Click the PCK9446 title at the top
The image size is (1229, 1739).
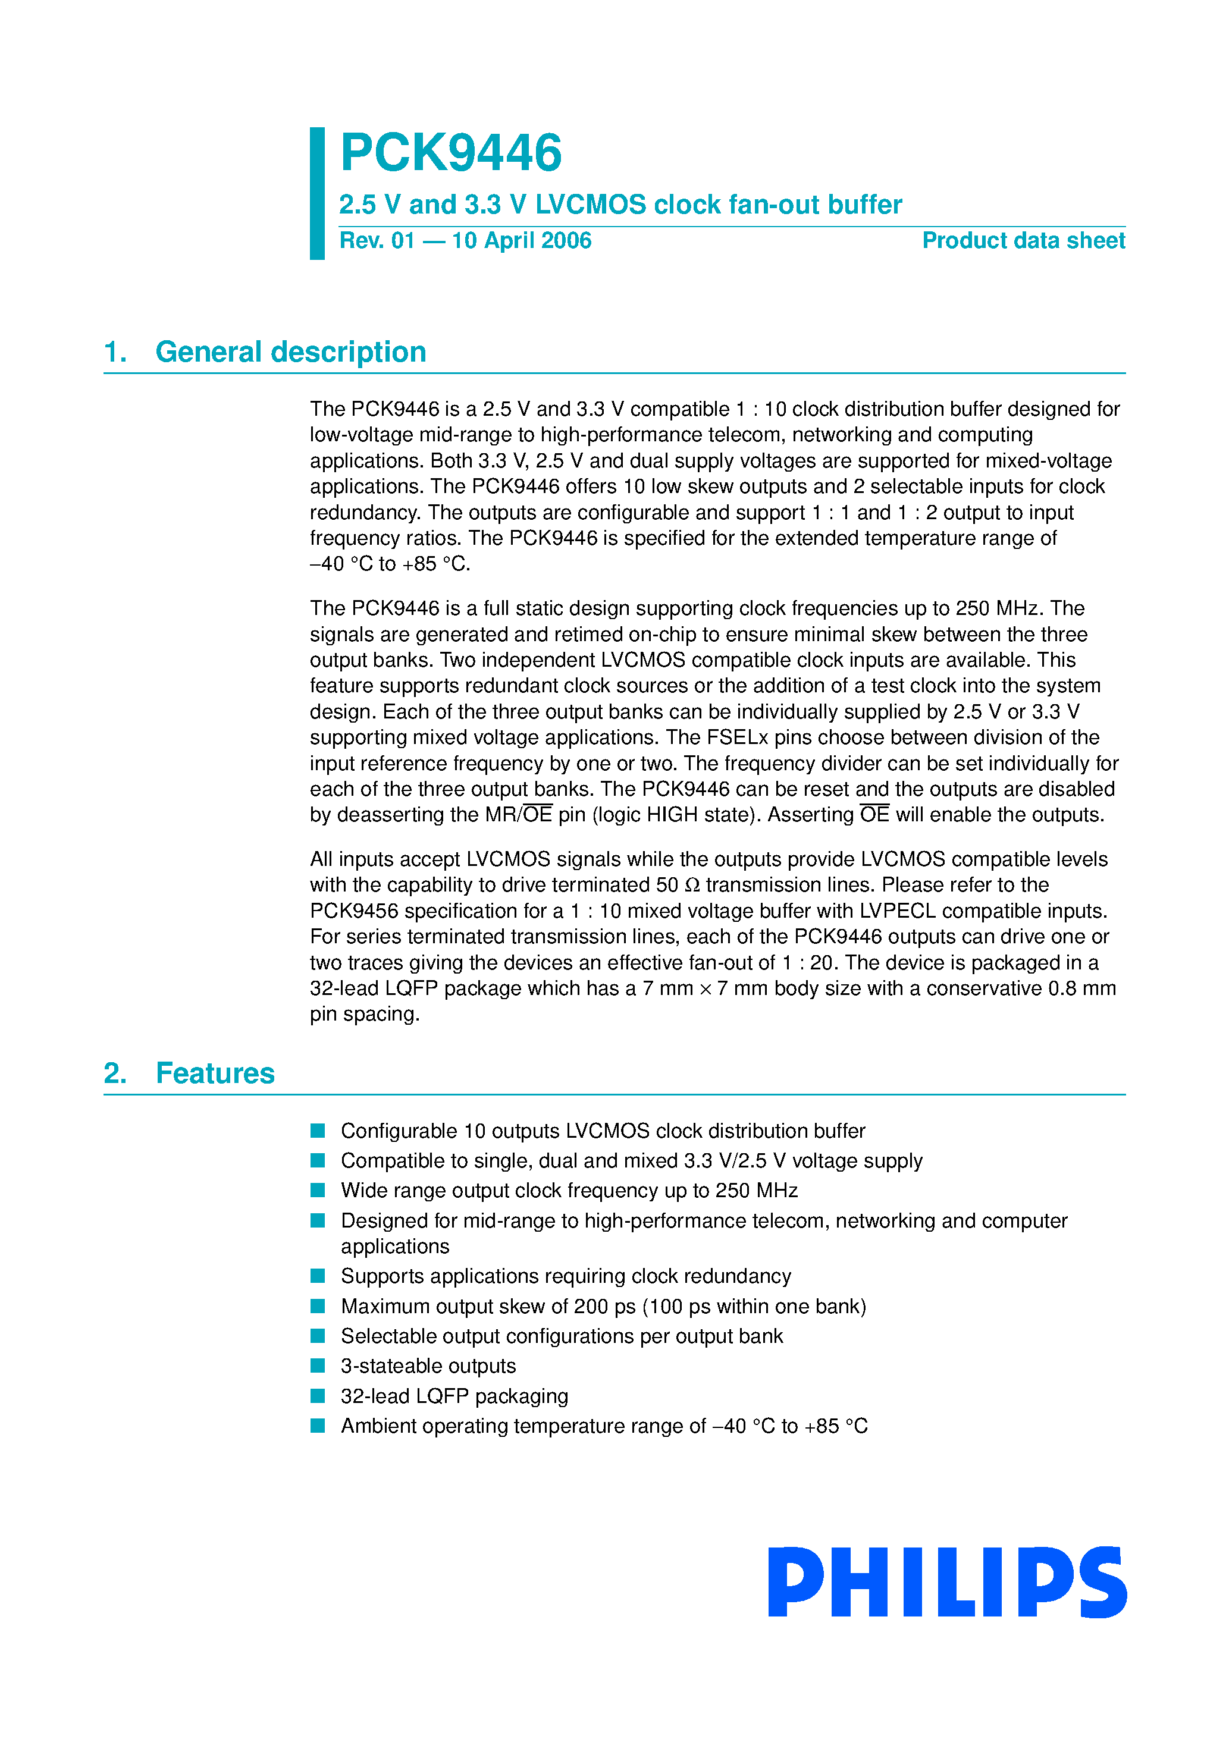tap(451, 153)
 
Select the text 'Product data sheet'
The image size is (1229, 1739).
tap(1023, 241)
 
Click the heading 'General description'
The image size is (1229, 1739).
tap(290, 352)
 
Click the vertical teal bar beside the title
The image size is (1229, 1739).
tap(316, 193)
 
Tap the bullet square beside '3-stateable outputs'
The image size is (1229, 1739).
tap(318, 1366)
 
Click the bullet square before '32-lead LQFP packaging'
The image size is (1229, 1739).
tap(318, 1395)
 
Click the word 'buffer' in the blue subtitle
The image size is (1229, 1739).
tap(864, 205)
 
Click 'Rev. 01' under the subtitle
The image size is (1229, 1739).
tap(377, 241)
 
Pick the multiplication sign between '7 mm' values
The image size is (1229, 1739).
tap(706, 989)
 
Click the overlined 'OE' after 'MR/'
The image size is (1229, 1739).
tap(537, 815)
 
